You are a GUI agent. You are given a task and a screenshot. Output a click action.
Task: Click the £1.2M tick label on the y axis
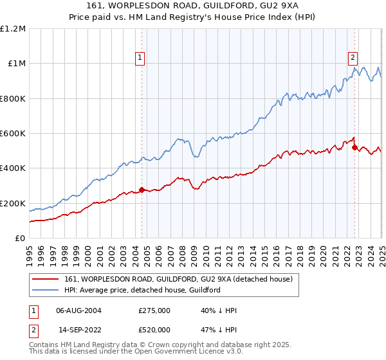(x=12, y=29)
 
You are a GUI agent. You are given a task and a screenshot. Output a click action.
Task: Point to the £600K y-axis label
(x=12, y=134)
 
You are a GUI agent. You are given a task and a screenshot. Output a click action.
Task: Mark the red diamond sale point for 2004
(x=142, y=190)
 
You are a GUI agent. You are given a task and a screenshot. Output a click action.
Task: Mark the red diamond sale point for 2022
(x=354, y=147)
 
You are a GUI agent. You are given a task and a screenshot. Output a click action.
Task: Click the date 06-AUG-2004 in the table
(x=78, y=310)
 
